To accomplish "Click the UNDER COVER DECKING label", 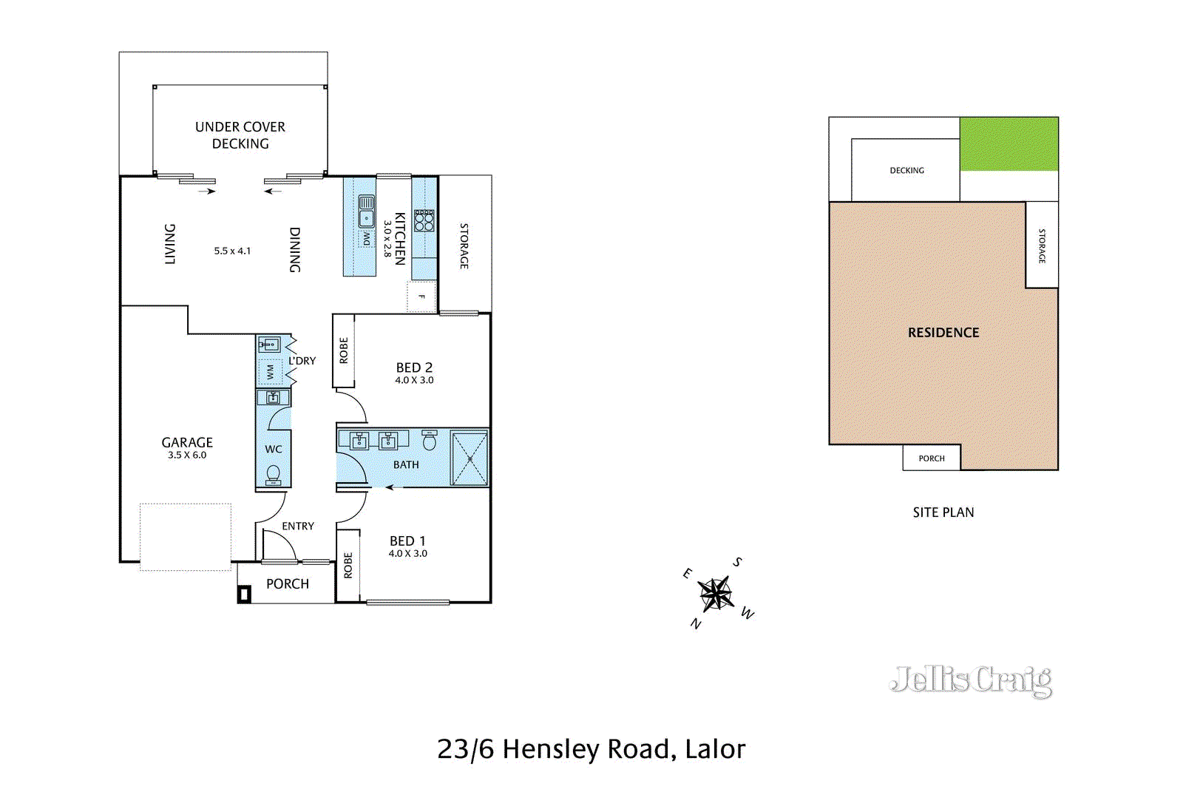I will pyautogui.click(x=240, y=135).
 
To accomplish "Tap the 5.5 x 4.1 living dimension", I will pyautogui.click(x=232, y=251).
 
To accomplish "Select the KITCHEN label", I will pyautogui.click(x=399, y=238).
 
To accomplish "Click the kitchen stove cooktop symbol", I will pyautogui.click(x=424, y=220).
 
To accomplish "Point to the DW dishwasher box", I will pyautogui.click(x=367, y=239).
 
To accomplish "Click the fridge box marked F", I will pyautogui.click(x=421, y=297).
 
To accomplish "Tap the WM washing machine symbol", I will pyautogui.click(x=270, y=372).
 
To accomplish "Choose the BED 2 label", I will pyautogui.click(x=414, y=368).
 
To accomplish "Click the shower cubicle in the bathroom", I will pyautogui.click(x=470, y=459).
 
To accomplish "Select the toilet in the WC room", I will pyautogui.click(x=274, y=473).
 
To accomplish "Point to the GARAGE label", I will pyautogui.click(x=187, y=442).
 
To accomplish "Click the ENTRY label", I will pyautogui.click(x=298, y=526).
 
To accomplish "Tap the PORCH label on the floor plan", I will pyautogui.click(x=288, y=583).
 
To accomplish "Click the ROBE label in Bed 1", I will pyautogui.click(x=348, y=565).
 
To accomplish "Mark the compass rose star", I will pyautogui.click(x=716, y=594).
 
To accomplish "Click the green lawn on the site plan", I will pyautogui.click(x=1009, y=143).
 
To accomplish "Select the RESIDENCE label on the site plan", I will pyautogui.click(x=943, y=333).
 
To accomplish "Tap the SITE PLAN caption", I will pyautogui.click(x=943, y=512).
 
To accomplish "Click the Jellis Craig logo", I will pyautogui.click(x=971, y=680).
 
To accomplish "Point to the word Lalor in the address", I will pyautogui.click(x=715, y=749).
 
